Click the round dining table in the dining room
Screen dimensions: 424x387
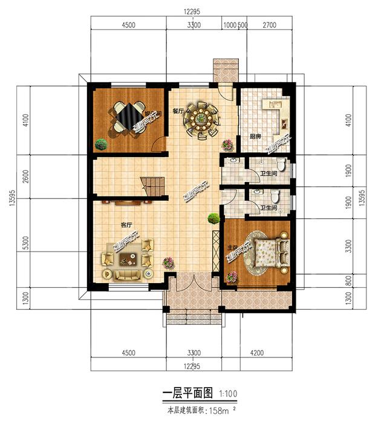[x=201, y=119]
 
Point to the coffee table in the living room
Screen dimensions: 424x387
[x=128, y=261]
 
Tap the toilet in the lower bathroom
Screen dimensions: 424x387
[x=276, y=197]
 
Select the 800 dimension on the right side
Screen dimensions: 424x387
[x=346, y=281]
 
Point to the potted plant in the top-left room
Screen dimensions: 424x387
[x=101, y=144]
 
